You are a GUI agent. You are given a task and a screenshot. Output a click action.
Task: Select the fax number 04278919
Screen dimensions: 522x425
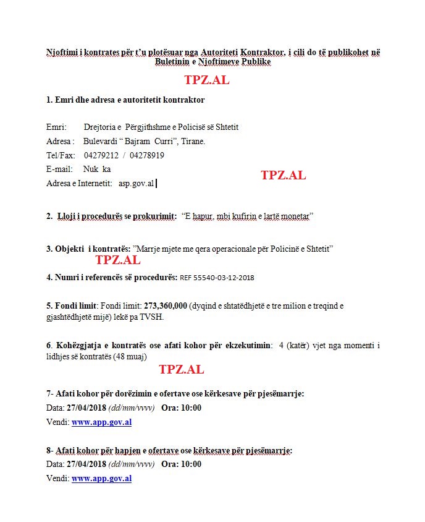148,155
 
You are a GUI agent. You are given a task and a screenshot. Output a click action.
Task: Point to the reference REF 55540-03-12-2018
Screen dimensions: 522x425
217,278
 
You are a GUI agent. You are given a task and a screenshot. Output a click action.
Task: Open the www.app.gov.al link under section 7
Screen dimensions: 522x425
101,422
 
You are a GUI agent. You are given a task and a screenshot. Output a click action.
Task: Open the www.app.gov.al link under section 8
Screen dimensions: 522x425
101,478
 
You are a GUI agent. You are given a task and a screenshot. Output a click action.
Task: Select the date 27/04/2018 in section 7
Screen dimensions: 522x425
86,408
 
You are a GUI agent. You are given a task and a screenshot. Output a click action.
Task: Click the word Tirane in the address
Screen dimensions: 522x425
194,142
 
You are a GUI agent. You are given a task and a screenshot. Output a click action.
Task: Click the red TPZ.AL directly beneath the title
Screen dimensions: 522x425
206,80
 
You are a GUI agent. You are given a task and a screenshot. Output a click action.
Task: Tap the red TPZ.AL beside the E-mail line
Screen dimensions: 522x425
283,175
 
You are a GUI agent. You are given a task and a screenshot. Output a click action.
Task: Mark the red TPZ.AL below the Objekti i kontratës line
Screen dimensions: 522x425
117,260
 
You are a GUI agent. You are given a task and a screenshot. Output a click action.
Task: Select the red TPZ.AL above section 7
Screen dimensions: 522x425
181,370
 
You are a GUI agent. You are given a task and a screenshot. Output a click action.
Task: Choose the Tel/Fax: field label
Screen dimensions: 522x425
61,155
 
